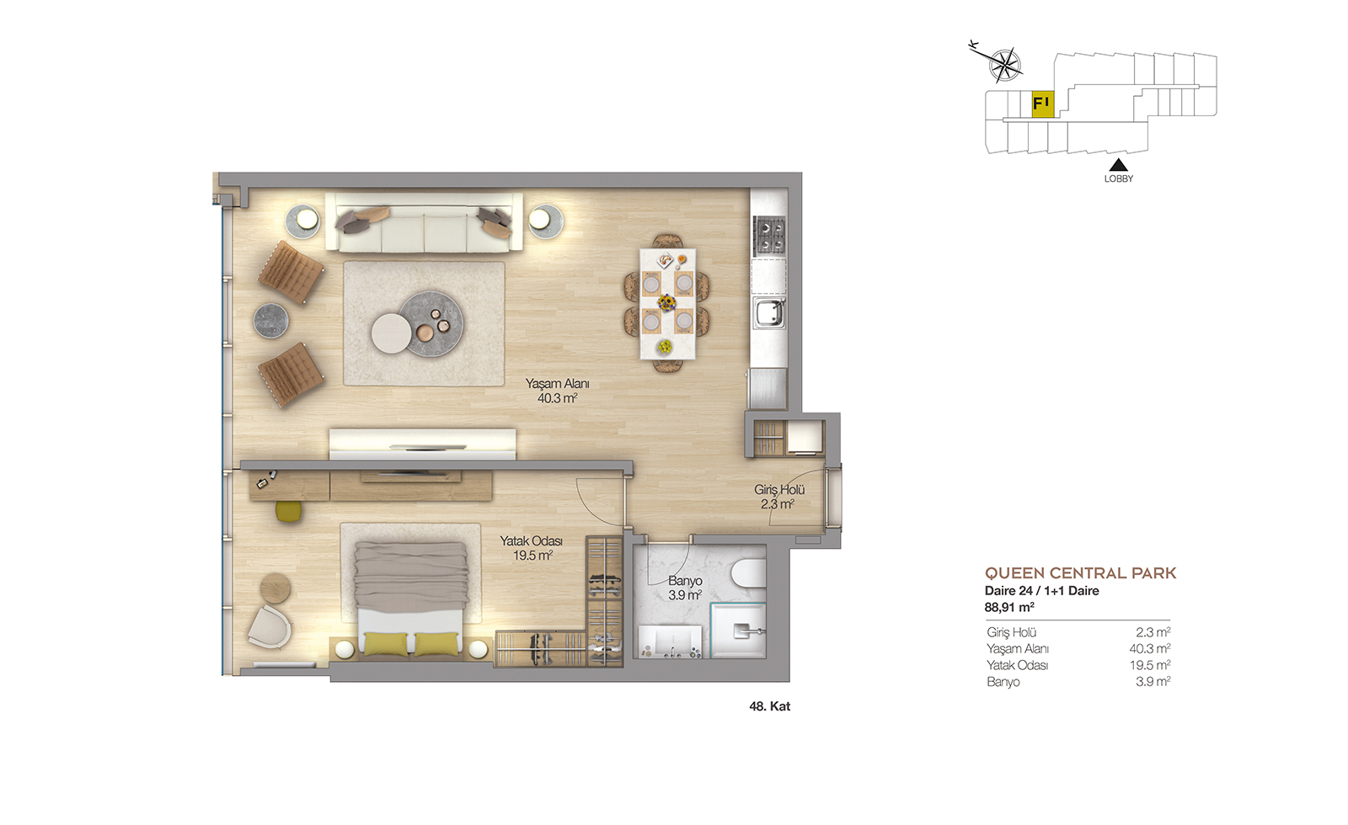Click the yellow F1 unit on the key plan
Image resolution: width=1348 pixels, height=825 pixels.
[1043, 104]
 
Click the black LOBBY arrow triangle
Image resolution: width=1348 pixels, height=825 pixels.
[1118, 165]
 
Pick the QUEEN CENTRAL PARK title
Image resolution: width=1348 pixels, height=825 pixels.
[1080, 573]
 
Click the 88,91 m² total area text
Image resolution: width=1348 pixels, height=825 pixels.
[1009, 607]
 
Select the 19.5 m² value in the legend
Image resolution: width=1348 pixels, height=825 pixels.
[1149, 665]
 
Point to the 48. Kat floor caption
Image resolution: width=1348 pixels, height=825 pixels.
[770, 706]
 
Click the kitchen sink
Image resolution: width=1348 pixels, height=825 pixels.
[769, 313]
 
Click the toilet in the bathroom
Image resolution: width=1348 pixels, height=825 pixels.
[749, 573]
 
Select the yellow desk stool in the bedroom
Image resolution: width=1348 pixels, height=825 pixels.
[288, 511]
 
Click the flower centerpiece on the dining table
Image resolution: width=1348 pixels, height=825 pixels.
[666, 302]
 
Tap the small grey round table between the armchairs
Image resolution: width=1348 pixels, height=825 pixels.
[270, 321]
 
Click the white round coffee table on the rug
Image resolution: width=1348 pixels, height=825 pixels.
[391, 333]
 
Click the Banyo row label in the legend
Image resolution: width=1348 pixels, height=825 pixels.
[1003, 682]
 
